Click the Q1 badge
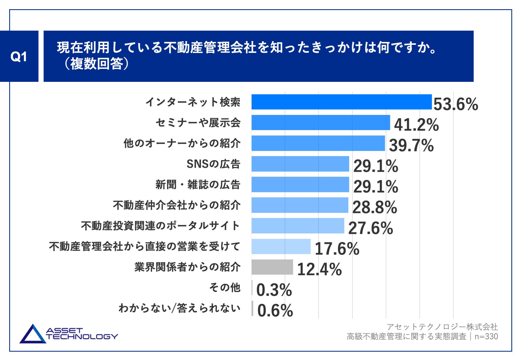point(19,56)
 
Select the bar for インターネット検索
point(341,102)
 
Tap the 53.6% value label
point(456,104)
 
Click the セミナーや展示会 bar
point(321,122)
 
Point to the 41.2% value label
point(416,125)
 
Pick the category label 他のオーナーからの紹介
point(182,143)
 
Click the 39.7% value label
point(411,145)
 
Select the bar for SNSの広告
point(300,164)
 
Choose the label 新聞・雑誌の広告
point(198,185)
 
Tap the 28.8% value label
point(374,207)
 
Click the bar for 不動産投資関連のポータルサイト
point(298,226)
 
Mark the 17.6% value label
point(337,249)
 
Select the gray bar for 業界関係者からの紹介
point(272,267)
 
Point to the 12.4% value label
point(319,269)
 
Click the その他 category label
point(225,288)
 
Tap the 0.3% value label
point(274,290)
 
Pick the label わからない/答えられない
point(179,308)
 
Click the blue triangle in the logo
point(32,335)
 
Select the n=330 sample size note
point(486,336)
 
